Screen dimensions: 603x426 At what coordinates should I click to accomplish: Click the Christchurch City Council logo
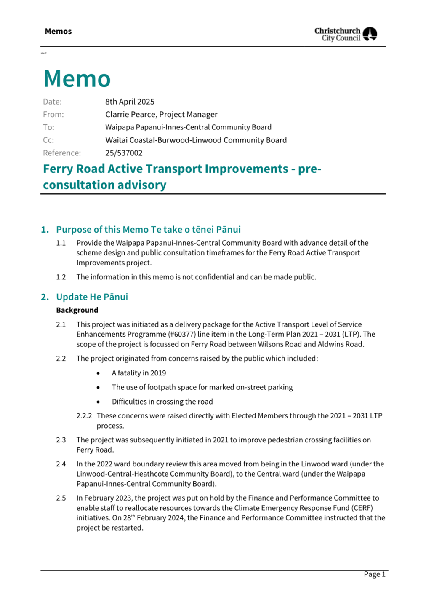click(x=346, y=34)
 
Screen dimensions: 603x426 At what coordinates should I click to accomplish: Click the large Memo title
click(x=77, y=78)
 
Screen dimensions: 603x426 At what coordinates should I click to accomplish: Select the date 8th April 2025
click(x=130, y=102)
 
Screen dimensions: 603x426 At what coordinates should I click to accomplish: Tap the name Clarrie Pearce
click(x=130, y=114)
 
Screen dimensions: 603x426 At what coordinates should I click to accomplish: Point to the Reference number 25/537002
click(x=124, y=153)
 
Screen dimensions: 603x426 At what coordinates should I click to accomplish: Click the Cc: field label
click(x=48, y=140)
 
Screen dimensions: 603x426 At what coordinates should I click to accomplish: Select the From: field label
click(x=53, y=114)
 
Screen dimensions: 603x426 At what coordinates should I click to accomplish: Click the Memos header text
click(x=58, y=31)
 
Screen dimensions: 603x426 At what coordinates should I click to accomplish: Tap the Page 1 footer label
click(x=374, y=574)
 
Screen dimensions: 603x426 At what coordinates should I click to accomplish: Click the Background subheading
click(x=77, y=310)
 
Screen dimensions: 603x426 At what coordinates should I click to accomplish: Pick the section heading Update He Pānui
click(x=92, y=297)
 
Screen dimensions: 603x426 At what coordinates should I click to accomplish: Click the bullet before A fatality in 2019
click(x=98, y=373)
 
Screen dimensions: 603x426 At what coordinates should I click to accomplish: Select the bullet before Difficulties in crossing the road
click(x=98, y=402)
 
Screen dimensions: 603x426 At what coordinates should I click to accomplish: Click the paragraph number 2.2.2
click(x=84, y=416)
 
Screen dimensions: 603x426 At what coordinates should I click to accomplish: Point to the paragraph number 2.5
click(x=61, y=498)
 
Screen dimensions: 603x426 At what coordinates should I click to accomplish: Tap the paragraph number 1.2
click(x=61, y=277)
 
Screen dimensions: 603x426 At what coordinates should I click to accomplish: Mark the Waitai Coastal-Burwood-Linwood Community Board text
click(x=196, y=140)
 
